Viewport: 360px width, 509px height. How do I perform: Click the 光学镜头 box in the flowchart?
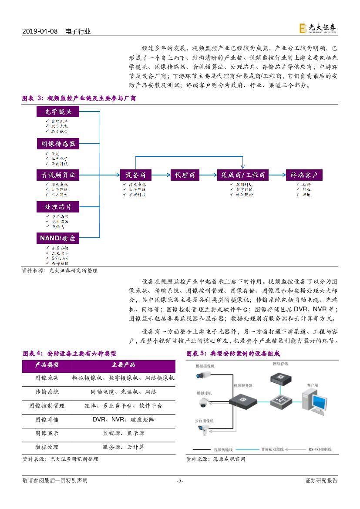(58, 112)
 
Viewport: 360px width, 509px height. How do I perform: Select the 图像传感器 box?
(58, 144)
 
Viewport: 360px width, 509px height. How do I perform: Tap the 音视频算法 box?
(58, 175)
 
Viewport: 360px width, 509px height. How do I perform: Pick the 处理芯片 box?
(58, 206)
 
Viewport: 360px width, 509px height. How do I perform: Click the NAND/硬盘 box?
(58, 238)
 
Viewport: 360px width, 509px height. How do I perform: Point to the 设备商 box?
(135, 175)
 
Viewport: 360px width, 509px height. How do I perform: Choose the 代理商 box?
(185, 175)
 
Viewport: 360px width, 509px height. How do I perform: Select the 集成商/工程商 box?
(243, 175)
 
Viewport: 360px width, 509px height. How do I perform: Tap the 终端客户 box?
(304, 175)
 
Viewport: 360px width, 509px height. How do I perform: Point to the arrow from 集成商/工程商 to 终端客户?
(277, 175)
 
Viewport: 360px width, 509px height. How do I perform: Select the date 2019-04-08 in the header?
(40, 31)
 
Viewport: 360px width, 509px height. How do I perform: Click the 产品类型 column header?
(47, 365)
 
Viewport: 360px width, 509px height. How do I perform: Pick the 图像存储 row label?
(47, 420)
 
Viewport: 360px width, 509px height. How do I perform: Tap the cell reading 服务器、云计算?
(123, 447)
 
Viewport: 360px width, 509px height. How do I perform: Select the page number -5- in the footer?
(180, 481)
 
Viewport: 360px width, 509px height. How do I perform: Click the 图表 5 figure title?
(233, 353)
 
